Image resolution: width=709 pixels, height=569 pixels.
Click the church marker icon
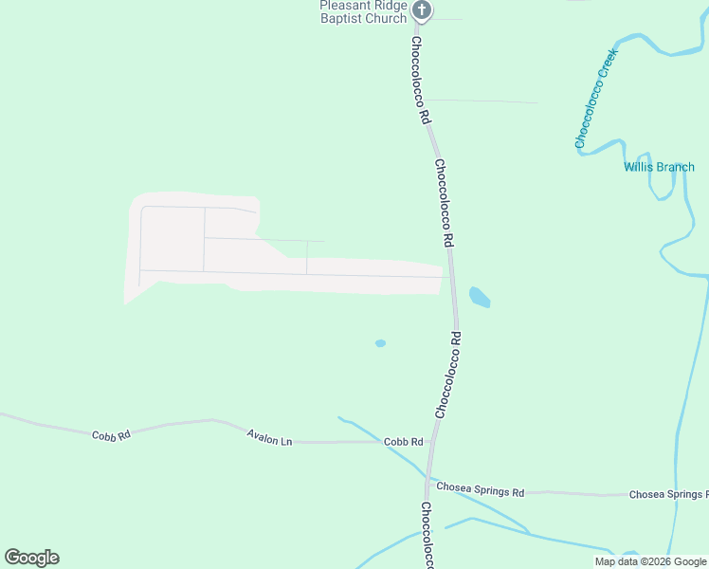click(x=423, y=11)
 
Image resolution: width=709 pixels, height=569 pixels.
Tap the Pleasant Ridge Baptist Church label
click(x=363, y=11)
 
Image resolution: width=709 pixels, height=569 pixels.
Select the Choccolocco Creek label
click(x=594, y=99)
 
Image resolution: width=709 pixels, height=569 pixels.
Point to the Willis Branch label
click(x=659, y=167)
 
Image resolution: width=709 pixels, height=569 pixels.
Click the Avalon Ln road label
click(x=269, y=438)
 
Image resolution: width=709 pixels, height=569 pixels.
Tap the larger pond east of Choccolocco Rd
click(x=480, y=297)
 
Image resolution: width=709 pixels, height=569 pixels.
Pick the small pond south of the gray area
click(x=380, y=343)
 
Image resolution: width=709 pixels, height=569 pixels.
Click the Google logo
click(x=31, y=558)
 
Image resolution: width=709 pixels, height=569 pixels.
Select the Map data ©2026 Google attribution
click(x=650, y=561)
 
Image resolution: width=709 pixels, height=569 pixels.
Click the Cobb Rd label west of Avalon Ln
click(x=111, y=435)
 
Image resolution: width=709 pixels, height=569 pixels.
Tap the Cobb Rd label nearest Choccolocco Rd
click(x=403, y=442)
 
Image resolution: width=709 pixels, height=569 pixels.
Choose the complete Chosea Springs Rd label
click(x=480, y=491)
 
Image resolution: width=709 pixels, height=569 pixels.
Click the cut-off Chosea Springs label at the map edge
click(x=668, y=494)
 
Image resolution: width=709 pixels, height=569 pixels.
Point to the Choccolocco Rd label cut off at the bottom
click(x=427, y=536)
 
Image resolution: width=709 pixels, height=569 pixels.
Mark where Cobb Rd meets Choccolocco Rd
click(x=432, y=441)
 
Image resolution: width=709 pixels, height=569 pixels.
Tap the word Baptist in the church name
click(x=342, y=18)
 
